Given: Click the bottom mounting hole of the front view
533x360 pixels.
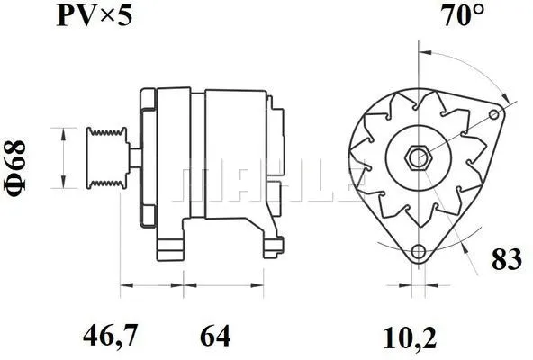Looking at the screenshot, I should pyautogui.click(x=417, y=252).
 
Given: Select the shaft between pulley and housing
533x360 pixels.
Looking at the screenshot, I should pyautogui.click(x=132, y=157).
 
